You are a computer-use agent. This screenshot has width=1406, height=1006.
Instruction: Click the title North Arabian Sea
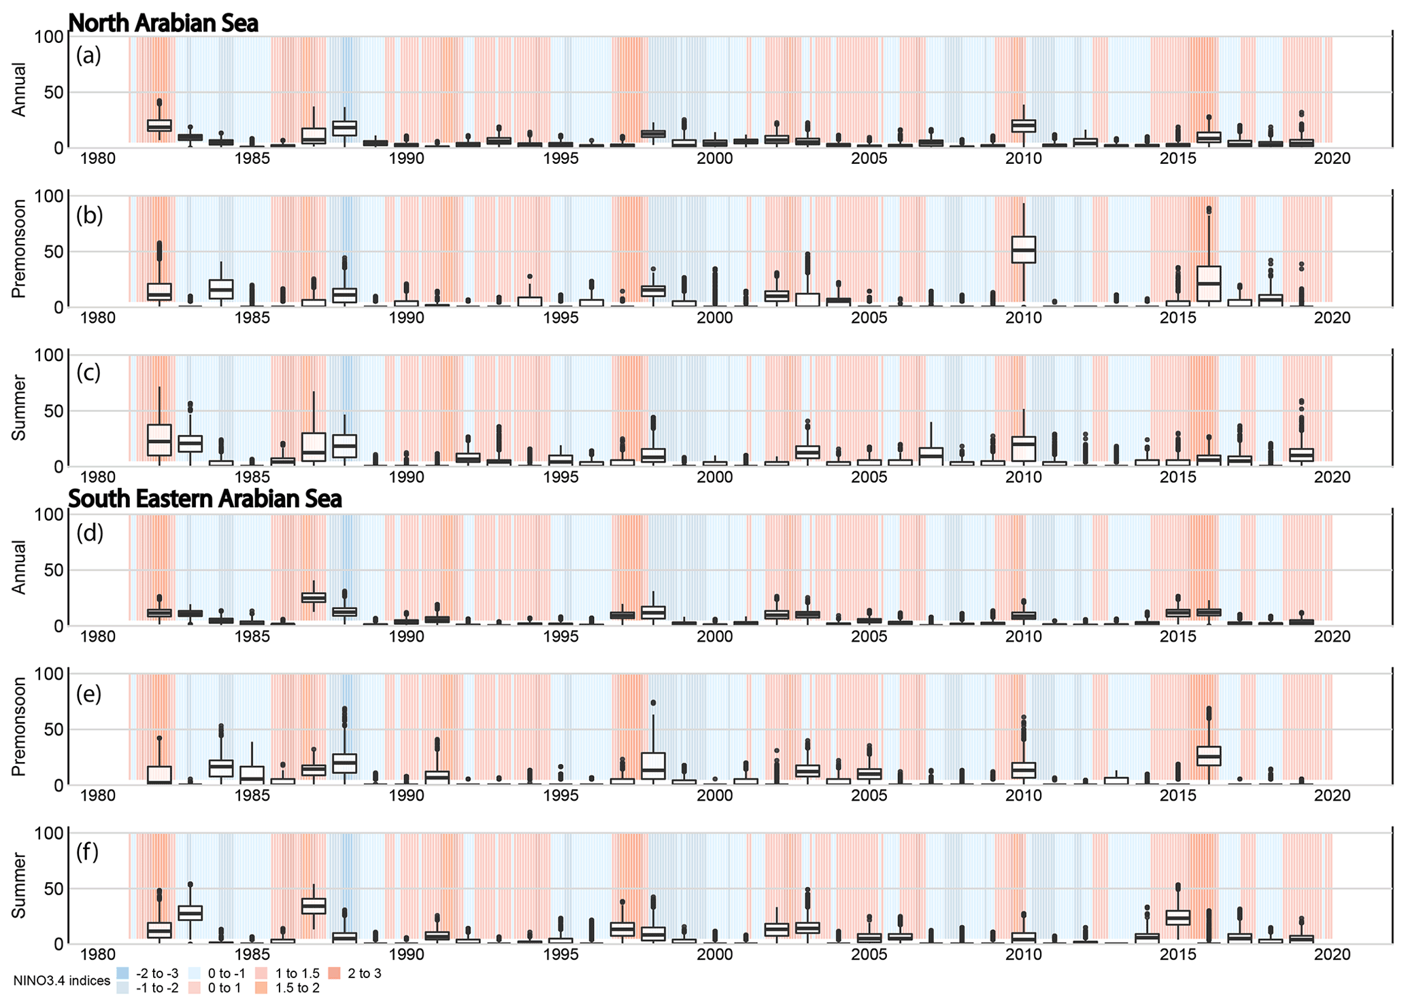click(163, 23)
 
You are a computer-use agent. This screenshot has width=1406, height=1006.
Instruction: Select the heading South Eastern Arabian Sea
click(205, 499)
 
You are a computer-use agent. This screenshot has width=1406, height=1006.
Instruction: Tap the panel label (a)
click(88, 55)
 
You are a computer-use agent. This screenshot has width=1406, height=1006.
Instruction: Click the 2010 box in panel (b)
click(1023, 249)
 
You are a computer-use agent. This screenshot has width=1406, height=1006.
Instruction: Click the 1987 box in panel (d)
click(313, 597)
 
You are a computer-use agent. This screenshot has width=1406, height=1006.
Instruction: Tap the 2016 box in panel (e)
click(1208, 755)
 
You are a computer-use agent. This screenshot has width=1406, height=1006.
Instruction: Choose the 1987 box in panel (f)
click(313, 906)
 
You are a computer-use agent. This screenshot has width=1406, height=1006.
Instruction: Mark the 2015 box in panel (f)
click(1177, 917)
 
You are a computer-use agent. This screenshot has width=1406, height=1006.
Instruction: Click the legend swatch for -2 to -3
click(122, 973)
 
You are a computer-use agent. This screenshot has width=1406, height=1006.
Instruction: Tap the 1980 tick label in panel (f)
click(98, 955)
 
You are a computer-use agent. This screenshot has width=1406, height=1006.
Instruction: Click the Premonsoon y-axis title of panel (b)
click(19, 249)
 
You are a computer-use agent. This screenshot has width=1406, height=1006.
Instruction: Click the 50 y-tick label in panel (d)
click(53, 570)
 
